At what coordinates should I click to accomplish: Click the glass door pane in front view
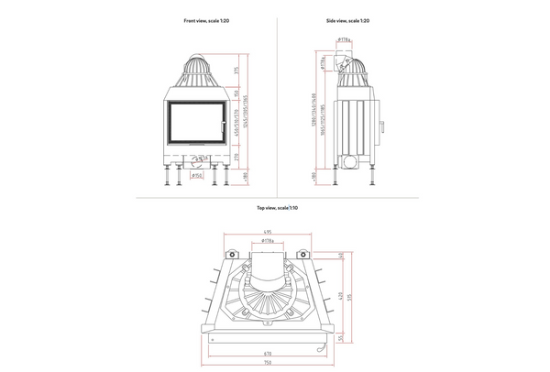(x=195, y=124)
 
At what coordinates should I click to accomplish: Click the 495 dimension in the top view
(x=267, y=232)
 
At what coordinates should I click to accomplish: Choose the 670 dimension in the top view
(x=267, y=352)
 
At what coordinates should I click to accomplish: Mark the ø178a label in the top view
(x=267, y=241)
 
